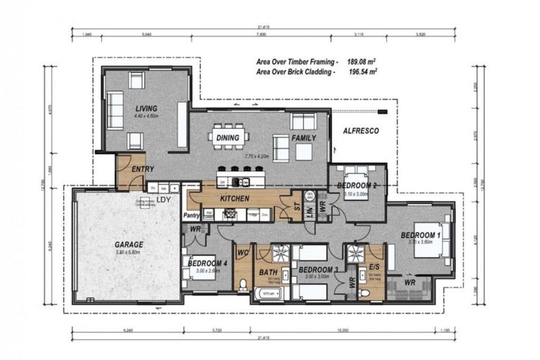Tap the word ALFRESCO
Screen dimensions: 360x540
point(361,131)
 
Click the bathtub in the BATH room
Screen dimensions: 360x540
point(269,293)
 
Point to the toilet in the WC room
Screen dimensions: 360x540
point(243,283)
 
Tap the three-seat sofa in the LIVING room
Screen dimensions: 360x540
point(114,110)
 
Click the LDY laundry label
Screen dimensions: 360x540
point(164,200)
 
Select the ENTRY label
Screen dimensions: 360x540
point(143,169)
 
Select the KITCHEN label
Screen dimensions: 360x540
point(234,199)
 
